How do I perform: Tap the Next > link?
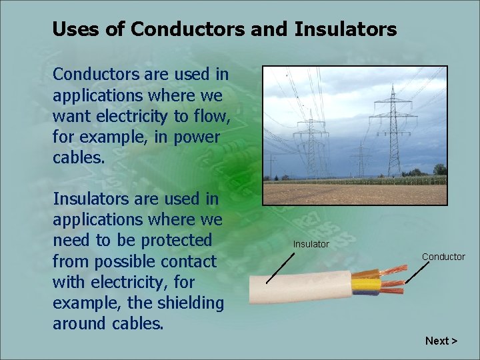(441, 341)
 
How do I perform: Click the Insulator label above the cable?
(311, 244)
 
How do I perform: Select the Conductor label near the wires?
(443, 257)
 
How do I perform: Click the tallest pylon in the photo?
(393, 127)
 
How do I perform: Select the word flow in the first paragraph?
(209, 117)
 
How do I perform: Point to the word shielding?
(191, 303)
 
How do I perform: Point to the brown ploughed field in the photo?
(353, 194)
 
